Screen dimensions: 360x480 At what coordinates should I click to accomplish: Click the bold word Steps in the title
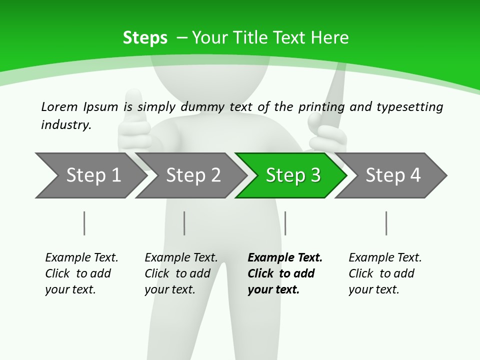(145, 38)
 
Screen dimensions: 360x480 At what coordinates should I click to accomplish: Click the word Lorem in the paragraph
(59, 106)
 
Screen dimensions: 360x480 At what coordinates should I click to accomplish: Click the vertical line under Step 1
(84, 223)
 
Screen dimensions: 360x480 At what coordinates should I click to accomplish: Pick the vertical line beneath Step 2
(184, 223)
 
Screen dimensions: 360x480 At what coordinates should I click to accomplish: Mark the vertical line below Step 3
(285, 223)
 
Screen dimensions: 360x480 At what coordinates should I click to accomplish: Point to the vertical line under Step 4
(386, 223)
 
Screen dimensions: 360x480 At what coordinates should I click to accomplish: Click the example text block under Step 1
(81, 273)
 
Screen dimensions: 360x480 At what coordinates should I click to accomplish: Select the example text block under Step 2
(181, 273)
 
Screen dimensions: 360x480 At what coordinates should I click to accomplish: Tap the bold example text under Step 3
(284, 273)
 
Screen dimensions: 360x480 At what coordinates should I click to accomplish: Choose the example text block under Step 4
(385, 273)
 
